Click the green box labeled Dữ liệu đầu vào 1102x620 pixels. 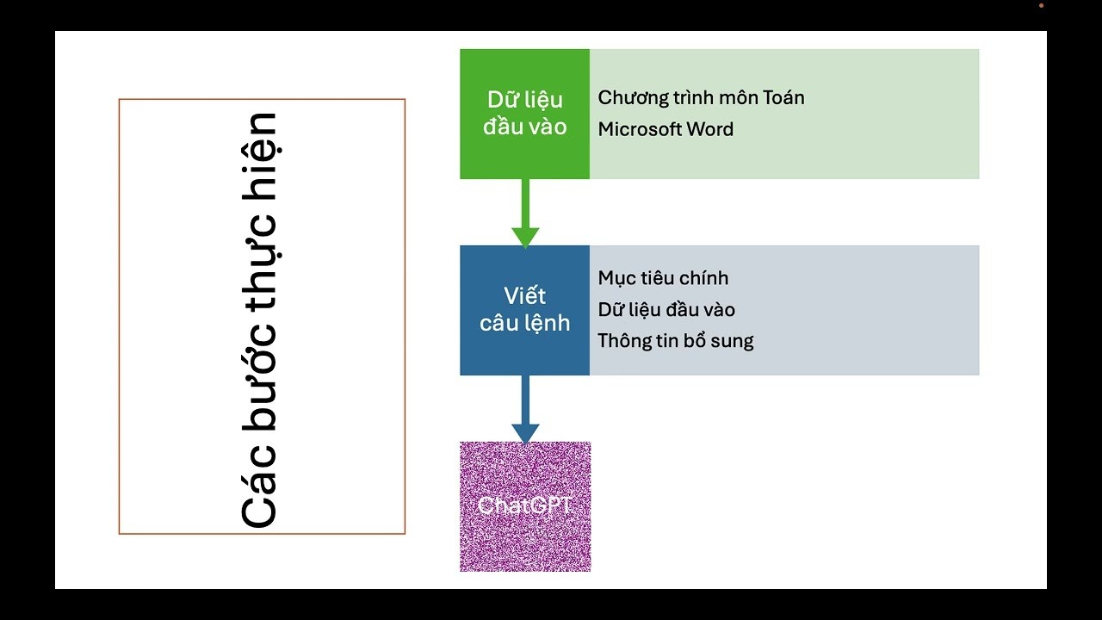(x=524, y=114)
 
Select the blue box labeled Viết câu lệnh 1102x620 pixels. (x=524, y=310)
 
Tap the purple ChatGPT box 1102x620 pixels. (x=525, y=506)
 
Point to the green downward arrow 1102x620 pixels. (x=525, y=215)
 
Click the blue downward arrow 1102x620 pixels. (x=525, y=412)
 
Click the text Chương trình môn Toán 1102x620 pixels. (x=701, y=98)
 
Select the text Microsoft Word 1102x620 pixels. (x=666, y=130)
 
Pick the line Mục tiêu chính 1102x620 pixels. (x=663, y=278)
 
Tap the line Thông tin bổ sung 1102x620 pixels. (x=676, y=341)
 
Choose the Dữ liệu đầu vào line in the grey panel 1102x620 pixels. (x=666, y=310)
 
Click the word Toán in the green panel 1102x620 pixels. (x=784, y=98)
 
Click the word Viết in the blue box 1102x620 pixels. (x=524, y=296)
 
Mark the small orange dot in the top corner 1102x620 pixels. (x=1041, y=5)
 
